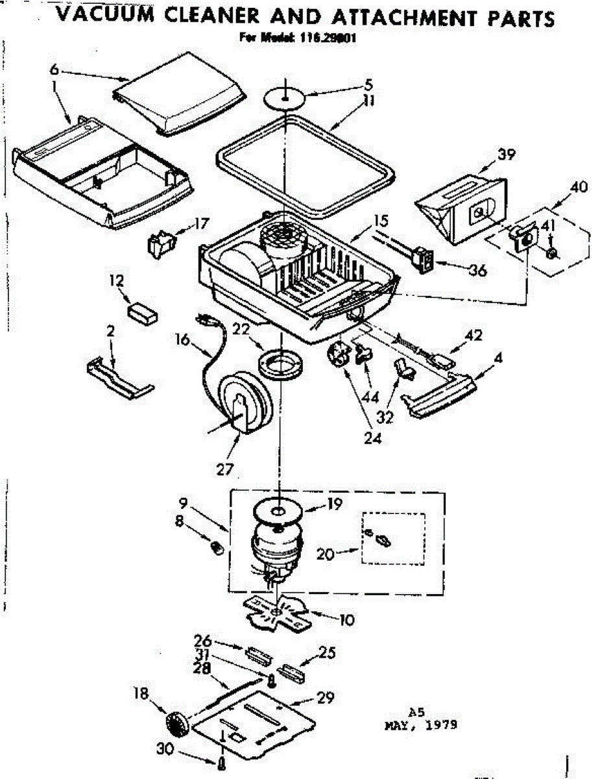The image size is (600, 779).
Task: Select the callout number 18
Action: pos(141,693)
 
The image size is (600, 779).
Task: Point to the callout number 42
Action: pos(474,336)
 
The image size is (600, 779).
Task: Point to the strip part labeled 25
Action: pos(291,670)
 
